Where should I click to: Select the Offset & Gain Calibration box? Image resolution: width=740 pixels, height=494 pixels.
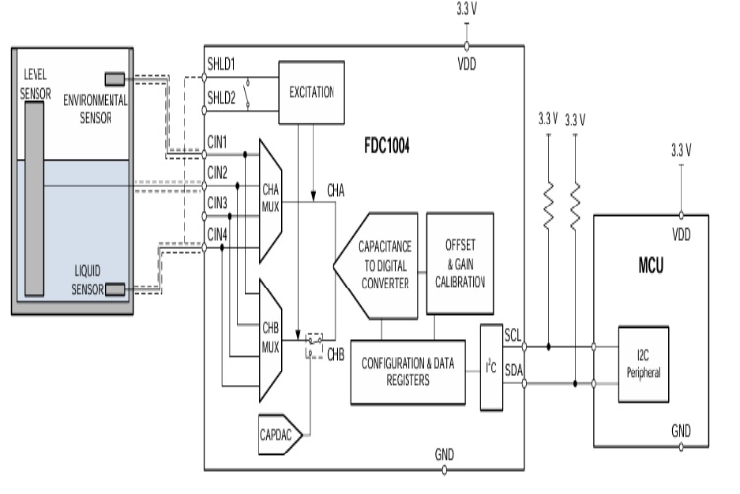tap(460, 263)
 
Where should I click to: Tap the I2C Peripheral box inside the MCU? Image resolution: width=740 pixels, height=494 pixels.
tap(642, 364)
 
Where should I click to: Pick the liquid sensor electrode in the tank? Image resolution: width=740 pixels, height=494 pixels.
tap(116, 288)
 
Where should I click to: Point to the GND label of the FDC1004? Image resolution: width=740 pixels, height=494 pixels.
tap(446, 454)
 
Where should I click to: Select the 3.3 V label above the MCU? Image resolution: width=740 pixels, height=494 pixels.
tap(681, 150)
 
